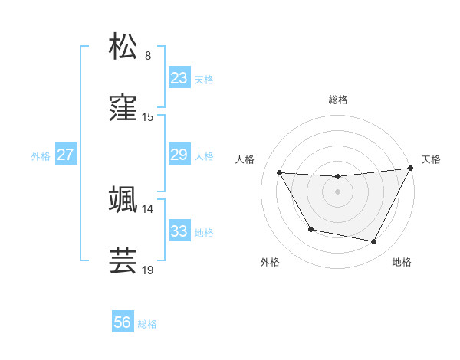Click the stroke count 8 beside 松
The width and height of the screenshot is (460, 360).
pos(148,56)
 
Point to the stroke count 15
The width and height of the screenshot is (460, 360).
pos(148,117)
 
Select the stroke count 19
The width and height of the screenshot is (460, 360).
pos(148,270)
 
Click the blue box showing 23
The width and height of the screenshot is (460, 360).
pos(179,78)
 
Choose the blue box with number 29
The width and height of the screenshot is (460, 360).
pos(179,155)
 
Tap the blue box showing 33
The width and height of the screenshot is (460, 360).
pos(179,231)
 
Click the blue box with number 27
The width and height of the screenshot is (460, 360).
pos(65,155)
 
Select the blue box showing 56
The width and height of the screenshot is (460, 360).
pos(123,322)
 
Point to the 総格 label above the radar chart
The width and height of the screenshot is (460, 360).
pos(338,100)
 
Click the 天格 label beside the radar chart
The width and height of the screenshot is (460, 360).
pos(432,159)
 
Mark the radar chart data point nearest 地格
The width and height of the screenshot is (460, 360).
pos(374,242)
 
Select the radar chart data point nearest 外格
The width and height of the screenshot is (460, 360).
pos(310,230)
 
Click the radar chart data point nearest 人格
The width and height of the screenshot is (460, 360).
pos(279,172)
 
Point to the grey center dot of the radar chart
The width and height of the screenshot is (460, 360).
pos(338,191)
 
